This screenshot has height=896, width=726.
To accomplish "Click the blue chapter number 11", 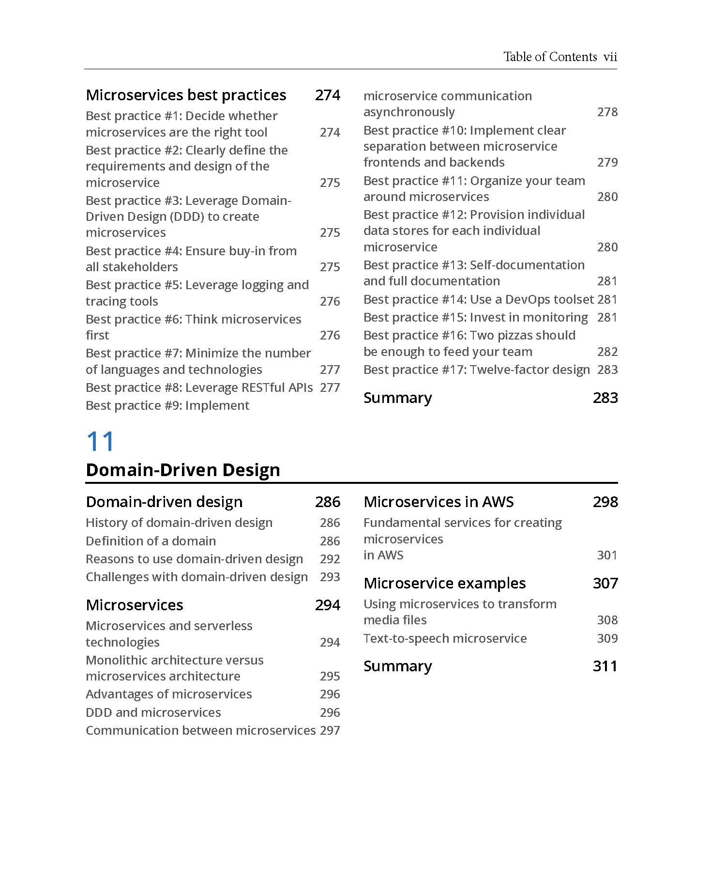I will [x=100, y=442].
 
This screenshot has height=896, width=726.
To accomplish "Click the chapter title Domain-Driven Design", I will [x=183, y=470].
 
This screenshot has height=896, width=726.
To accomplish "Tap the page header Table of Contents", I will [x=550, y=57].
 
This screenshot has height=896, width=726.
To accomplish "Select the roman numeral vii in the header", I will [x=610, y=57].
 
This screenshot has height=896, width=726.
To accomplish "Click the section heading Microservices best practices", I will [x=186, y=95].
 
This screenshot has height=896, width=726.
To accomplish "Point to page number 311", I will [x=605, y=666].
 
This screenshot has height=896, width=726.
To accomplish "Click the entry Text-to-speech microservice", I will [x=445, y=638].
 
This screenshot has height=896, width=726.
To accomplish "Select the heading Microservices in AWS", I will [x=439, y=502].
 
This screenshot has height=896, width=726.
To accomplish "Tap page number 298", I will [x=605, y=502].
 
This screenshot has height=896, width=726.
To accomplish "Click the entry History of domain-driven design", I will [x=179, y=523].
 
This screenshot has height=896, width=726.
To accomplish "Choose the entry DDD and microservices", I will [x=153, y=712].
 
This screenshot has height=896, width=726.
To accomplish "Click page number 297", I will [x=330, y=730].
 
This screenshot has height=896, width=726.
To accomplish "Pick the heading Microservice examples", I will [x=444, y=583].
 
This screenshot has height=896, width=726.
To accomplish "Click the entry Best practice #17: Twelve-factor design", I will [x=477, y=370].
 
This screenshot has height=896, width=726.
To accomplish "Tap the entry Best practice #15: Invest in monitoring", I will [x=475, y=317].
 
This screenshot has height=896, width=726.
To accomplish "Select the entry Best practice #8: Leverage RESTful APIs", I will [x=199, y=387].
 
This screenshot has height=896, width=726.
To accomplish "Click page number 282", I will [x=607, y=352].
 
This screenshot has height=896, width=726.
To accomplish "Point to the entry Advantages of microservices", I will [x=168, y=694].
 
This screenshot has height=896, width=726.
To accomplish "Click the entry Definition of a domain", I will [x=151, y=541].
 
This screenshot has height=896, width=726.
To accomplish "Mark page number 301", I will [x=607, y=555].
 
